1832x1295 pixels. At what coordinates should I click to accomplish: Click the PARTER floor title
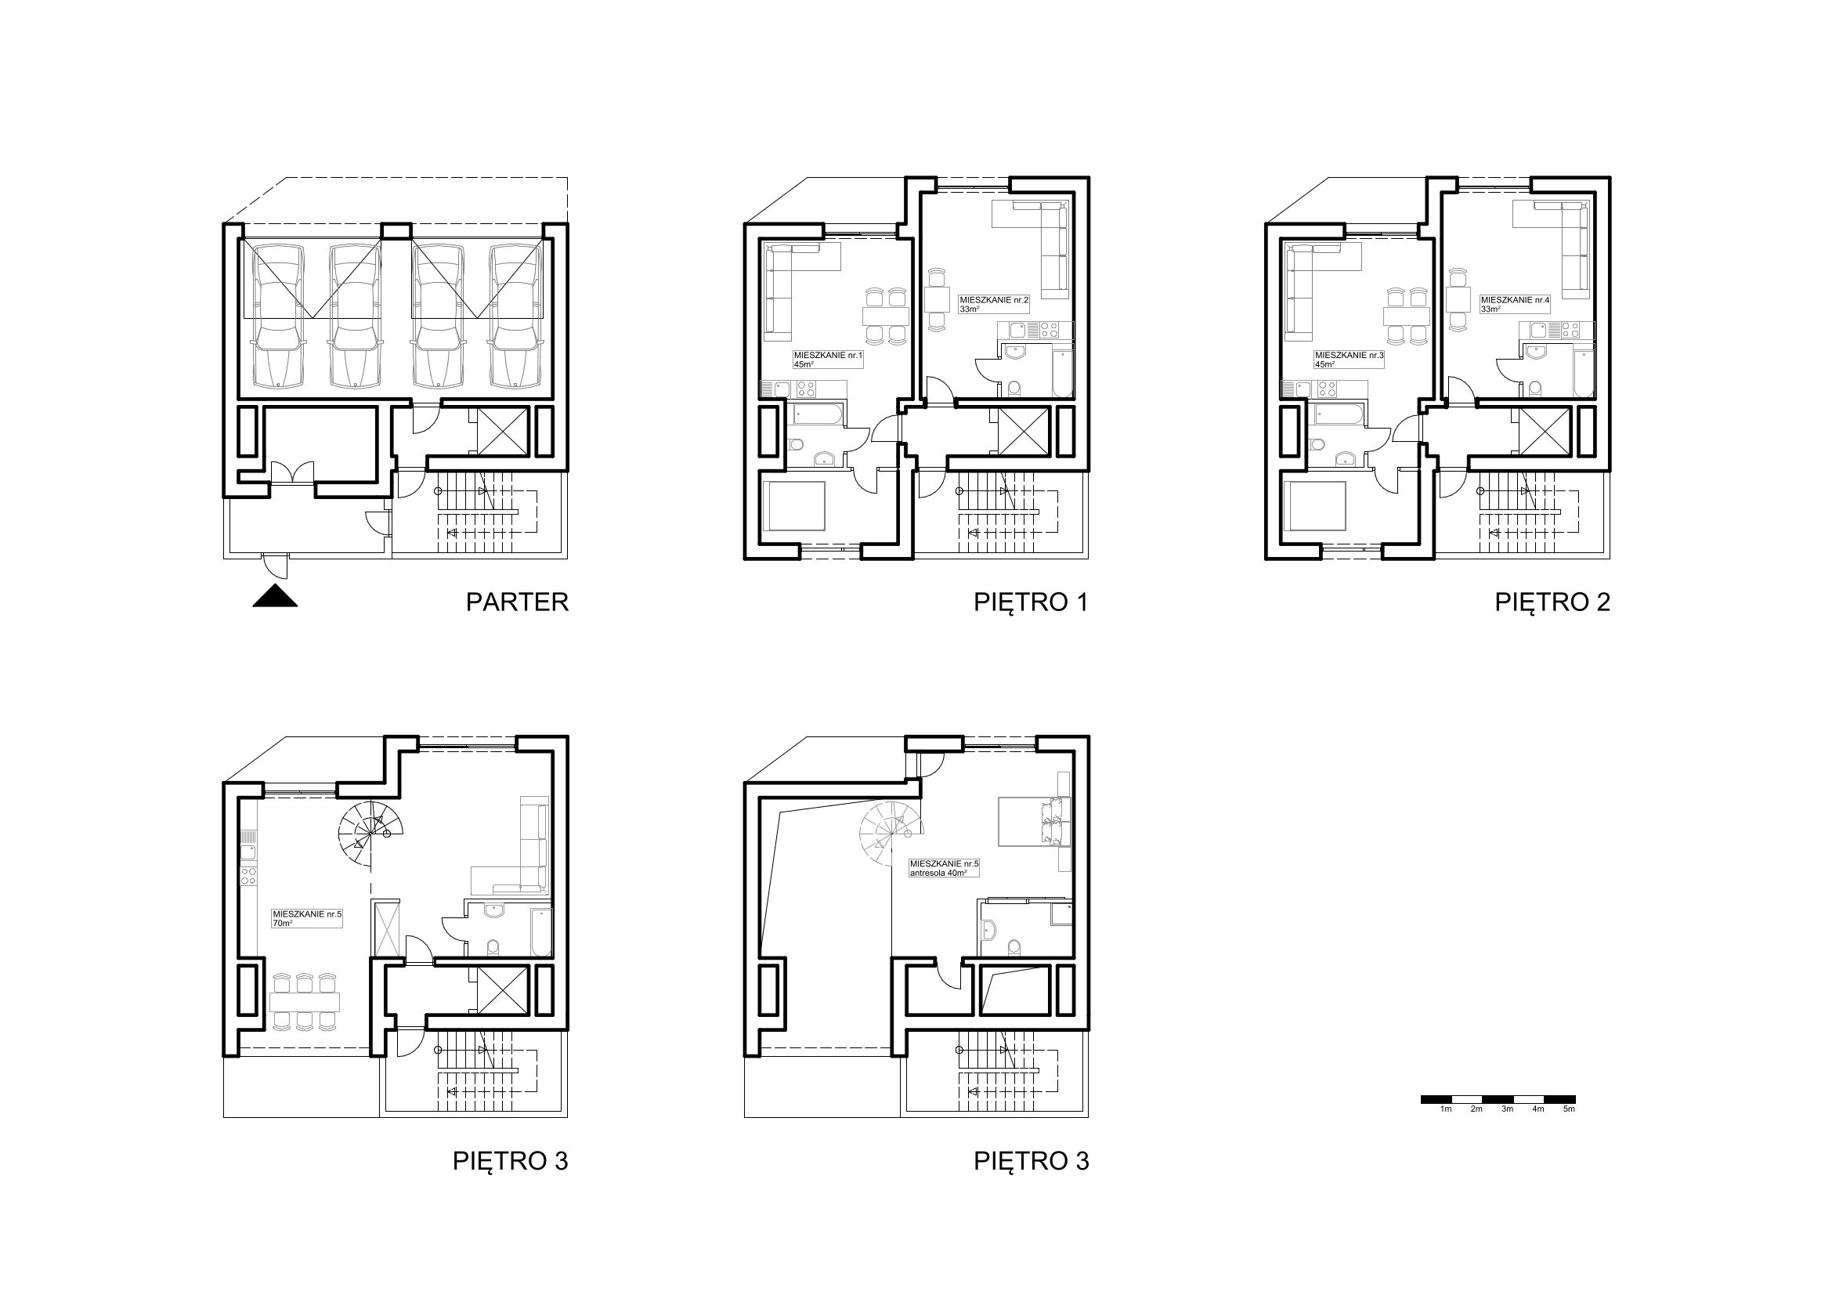(517, 602)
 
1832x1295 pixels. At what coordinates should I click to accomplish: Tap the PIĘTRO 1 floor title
(1031, 602)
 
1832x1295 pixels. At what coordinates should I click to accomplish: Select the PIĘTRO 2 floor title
(1552, 602)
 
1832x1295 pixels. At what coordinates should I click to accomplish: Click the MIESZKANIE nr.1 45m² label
(828, 359)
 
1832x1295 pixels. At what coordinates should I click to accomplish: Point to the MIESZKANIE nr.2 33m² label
(994, 304)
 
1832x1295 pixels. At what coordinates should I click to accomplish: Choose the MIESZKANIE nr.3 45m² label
(1349, 359)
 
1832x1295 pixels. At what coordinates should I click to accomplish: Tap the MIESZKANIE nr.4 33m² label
(1516, 304)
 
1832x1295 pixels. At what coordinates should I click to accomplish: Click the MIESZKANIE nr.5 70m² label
(307, 918)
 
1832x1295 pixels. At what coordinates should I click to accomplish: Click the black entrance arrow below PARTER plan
(275, 596)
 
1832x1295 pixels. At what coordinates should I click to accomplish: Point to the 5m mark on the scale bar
(1569, 1109)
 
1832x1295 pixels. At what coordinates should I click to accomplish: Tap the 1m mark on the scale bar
(1445, 1109)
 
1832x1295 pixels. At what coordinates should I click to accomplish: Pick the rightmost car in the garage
(516, 316)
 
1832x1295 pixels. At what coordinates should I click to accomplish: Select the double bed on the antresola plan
(1034, 822)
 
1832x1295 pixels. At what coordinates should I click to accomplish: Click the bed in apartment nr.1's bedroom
(794, 506)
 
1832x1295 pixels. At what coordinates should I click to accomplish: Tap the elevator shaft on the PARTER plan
(503, 431)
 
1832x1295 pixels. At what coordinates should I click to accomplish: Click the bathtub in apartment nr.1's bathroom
(817, 414)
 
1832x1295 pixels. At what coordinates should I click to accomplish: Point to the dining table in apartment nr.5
(305, 1001)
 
